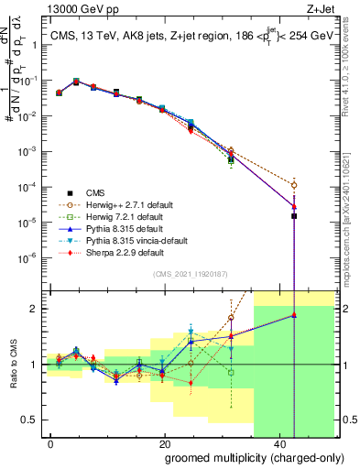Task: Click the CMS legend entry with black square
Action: pyautogui.click(x=95, y=192)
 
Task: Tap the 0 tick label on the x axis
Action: pyautogui.click(x=50, y=442)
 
